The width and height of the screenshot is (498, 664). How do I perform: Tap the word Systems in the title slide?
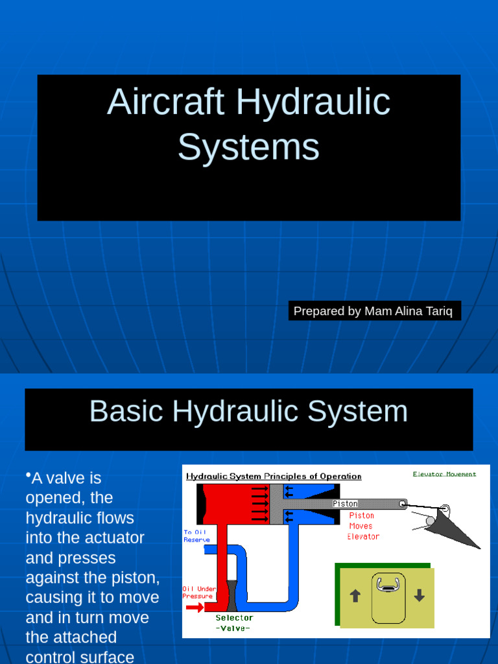coord(248,147)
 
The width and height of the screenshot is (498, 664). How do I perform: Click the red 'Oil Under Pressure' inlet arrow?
coord(195,608)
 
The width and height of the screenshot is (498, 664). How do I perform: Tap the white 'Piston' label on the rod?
coord(345,504)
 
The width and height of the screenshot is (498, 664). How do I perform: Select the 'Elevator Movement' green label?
coord(444,474)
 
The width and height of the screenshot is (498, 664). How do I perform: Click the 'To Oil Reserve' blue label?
coord(196,536)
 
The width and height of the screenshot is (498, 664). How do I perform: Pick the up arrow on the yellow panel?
coord(355,596)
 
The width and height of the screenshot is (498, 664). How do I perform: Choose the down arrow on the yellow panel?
coord(419,596)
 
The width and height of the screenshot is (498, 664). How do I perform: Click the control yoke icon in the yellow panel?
coord(387,586)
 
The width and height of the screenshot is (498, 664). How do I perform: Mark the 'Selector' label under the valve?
coord(234,618)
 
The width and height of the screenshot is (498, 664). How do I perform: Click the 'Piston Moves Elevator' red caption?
coord(362,526)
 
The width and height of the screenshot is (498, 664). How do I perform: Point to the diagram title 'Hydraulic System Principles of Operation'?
coord(274,476)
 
